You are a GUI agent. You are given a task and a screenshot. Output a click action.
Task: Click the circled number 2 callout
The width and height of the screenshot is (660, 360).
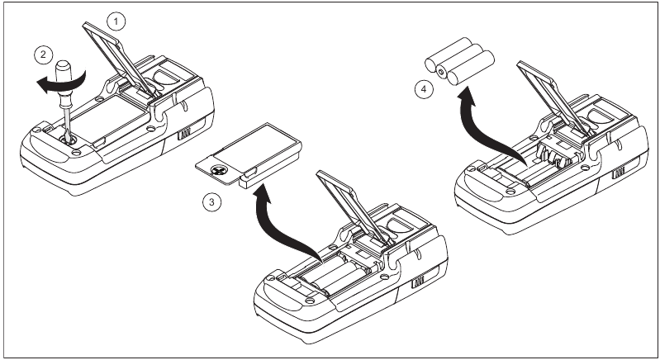[39, 56]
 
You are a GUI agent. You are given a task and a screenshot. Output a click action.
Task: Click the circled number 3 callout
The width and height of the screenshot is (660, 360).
[212, 201]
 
